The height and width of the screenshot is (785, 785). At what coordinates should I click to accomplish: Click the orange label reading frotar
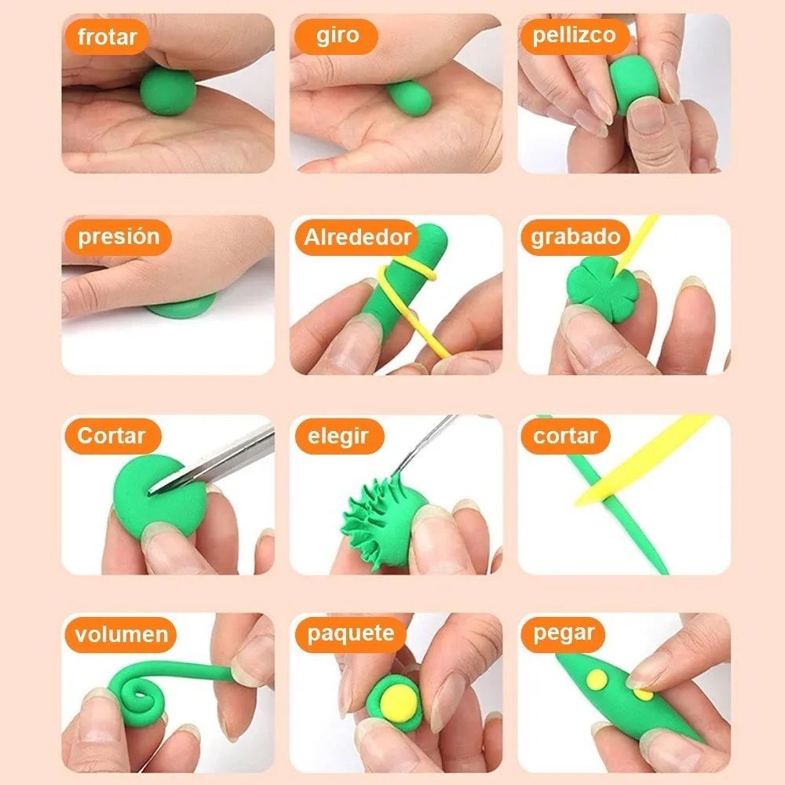click(x=108, y=37)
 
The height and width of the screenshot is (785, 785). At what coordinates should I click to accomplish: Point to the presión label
click(x=118, y=237)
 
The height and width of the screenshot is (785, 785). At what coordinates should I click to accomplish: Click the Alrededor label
click(x=357, y=237)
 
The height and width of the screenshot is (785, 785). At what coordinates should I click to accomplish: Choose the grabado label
click(x=575, y=237)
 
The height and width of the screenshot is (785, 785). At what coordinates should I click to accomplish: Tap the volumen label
click(x=122, y=634)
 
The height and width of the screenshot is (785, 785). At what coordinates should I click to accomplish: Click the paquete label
click(x=350, y=634)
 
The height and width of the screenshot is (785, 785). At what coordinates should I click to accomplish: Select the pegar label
click(x=564, y=634)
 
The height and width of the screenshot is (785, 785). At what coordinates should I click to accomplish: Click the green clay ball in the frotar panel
click(x=167, y=90)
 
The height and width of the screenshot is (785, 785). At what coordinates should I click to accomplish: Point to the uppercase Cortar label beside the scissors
click(x=112, y=436)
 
